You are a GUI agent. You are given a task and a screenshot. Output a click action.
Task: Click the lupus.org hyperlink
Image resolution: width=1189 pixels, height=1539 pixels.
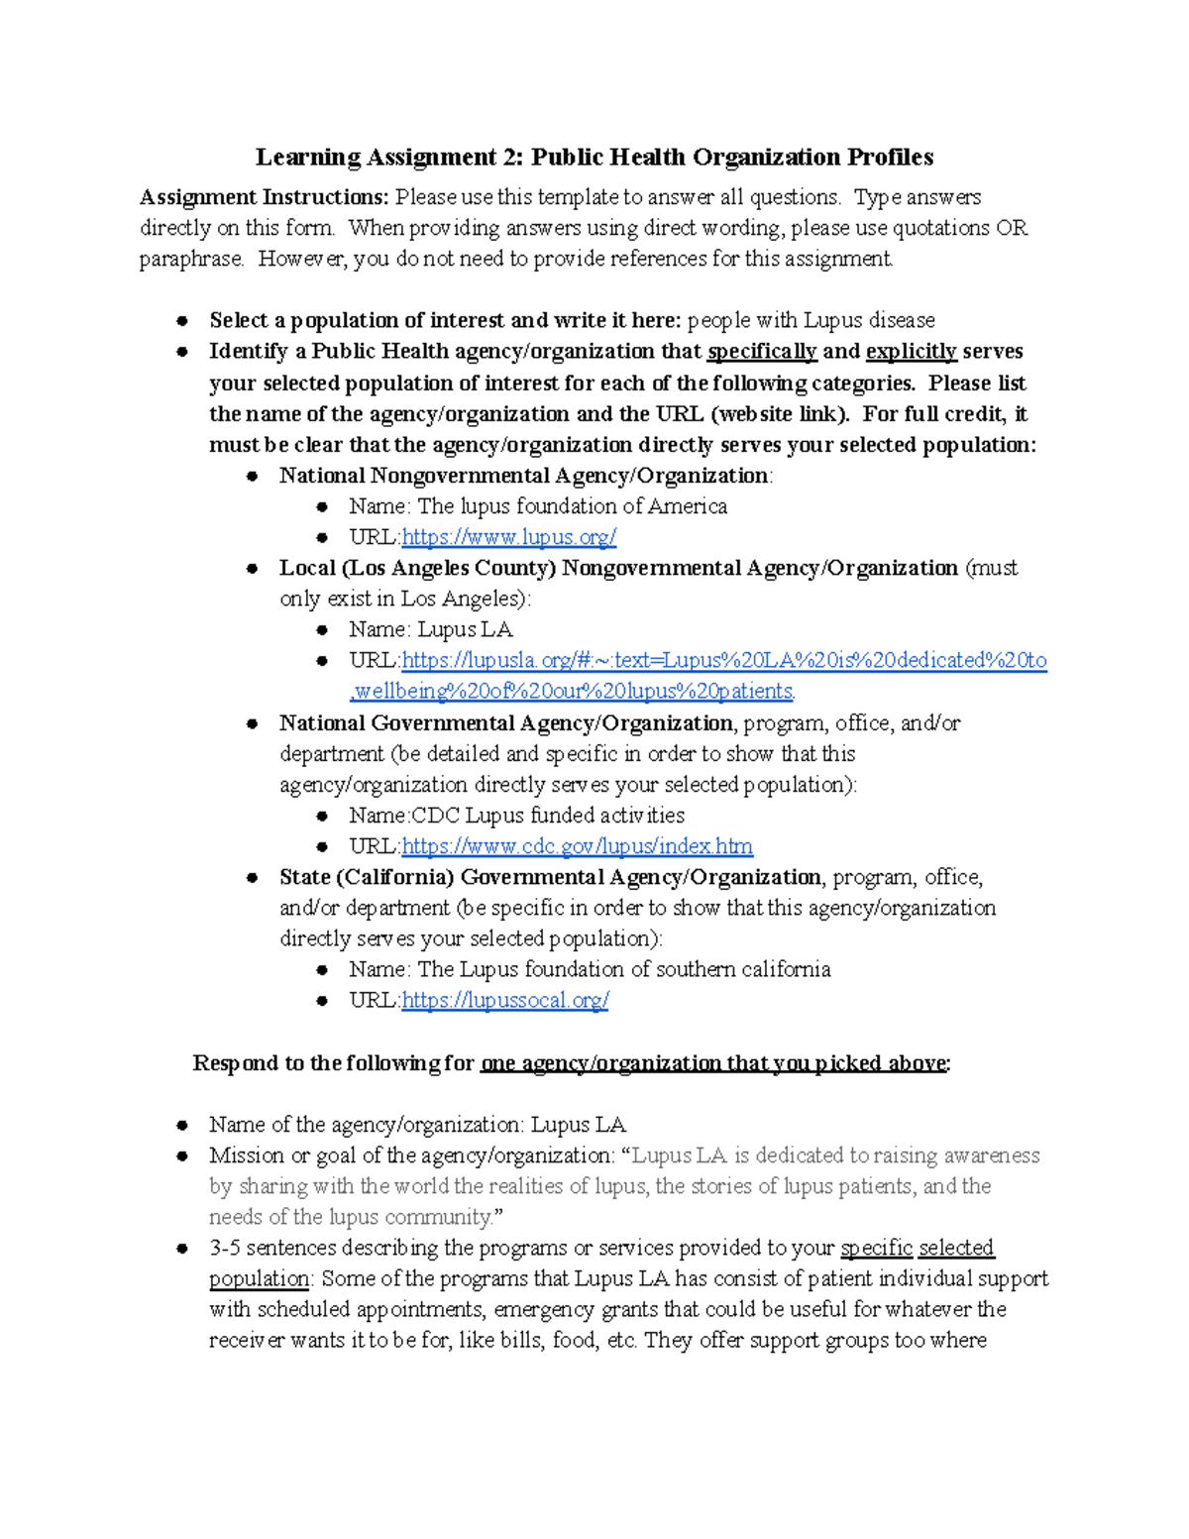tap(509, 537)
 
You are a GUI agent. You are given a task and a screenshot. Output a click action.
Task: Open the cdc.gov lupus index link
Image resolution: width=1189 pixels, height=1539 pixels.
tap(577, 846)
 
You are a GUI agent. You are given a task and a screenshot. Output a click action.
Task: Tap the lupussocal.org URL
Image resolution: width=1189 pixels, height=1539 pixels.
tap(505, 1000)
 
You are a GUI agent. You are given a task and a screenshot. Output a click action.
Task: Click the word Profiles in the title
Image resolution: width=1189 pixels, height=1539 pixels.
tap(890, 157)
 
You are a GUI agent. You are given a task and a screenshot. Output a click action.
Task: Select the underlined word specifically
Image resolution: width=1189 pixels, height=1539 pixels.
tap(761, 352)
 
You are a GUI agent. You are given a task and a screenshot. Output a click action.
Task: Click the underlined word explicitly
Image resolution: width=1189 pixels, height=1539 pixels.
tap(911, 352)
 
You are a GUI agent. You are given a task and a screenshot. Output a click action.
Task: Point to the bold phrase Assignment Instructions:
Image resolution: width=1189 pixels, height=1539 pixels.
tap(264, 197)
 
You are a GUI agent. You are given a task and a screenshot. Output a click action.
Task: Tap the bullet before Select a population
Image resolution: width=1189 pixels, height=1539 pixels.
tap(182, 320)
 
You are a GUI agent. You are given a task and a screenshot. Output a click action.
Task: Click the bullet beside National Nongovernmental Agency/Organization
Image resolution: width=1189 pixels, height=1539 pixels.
tap(253, 476)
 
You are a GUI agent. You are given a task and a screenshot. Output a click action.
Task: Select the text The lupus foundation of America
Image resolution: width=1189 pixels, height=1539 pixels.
tap(572, 506)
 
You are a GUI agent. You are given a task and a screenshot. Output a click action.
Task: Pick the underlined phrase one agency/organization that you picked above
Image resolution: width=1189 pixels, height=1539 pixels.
tap(712, 1063)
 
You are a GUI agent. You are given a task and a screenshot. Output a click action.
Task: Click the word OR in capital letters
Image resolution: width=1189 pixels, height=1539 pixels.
tap(1012, 228)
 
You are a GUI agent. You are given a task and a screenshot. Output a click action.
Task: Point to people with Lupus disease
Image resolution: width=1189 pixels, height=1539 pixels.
tap(811, 320)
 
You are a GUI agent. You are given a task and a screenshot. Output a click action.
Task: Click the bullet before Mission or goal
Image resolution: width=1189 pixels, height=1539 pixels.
tap(182, 1155)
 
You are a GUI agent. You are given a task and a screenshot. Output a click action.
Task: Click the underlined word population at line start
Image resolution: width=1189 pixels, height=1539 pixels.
tap(259, 1278)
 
